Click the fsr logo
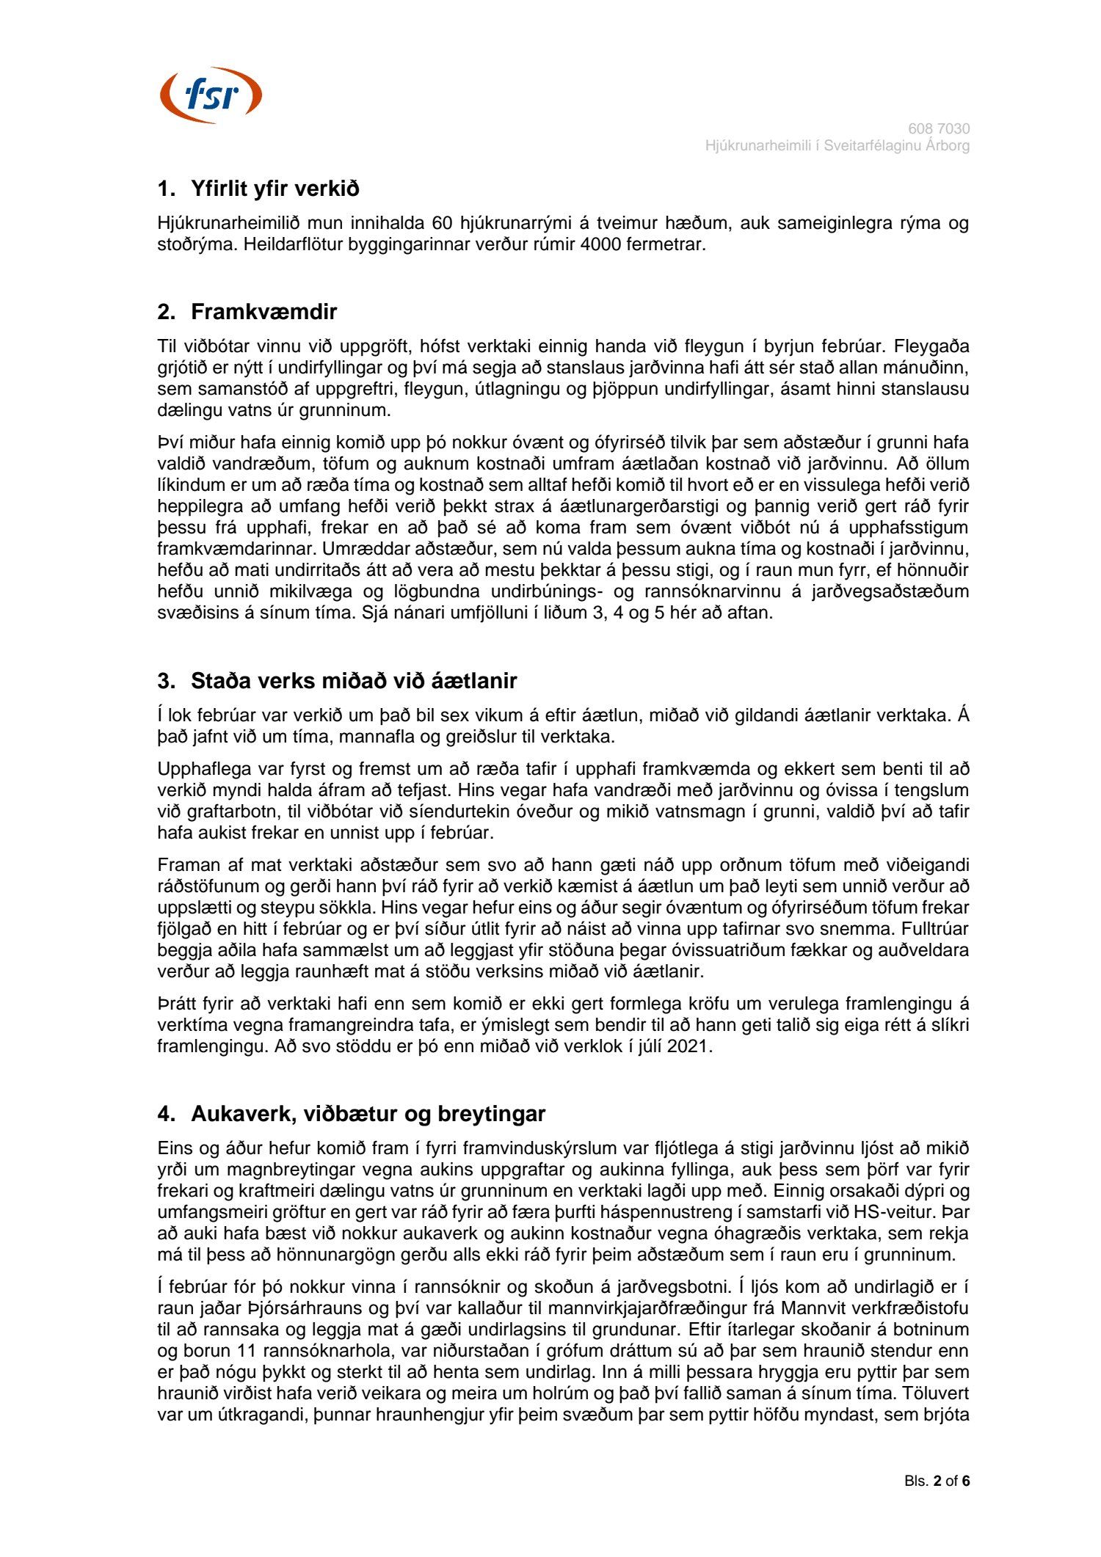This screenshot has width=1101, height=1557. coord(211,95)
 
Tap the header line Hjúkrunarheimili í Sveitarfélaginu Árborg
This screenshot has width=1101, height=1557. coord(837,146)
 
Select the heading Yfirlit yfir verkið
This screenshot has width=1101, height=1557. coord(275,189)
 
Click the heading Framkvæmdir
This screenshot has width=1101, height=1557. coord(264,312)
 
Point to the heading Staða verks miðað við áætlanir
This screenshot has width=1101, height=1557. coord(353,681)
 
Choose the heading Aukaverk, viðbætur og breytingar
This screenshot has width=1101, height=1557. coord(368,1114)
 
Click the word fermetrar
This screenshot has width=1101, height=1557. coord(666,244)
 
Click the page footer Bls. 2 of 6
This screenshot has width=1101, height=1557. coord(937,1481)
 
